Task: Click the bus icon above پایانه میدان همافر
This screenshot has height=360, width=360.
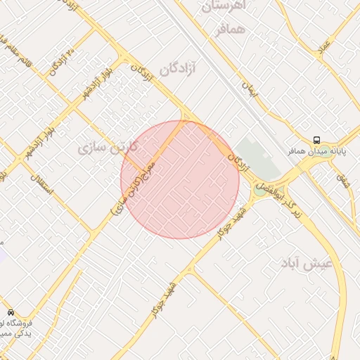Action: pos(316,140)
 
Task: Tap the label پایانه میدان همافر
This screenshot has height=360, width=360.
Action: pos(316,151)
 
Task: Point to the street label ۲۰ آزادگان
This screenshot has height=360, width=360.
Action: pos(63,63)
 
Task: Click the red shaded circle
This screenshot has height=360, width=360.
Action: pos(180,180)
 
